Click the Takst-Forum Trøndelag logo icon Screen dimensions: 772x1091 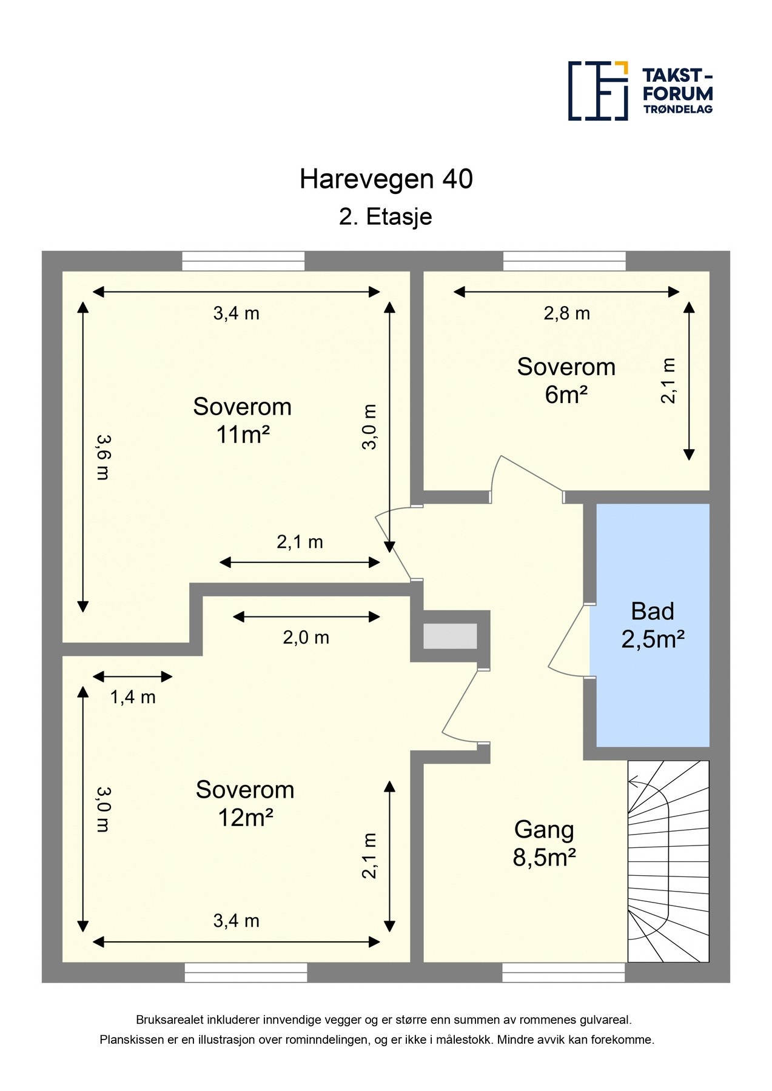coord(598,90)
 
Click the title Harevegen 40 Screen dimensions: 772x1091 coord(386,179)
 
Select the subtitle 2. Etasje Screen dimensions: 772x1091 coord(386,217)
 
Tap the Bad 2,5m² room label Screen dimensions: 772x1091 coord(653,625)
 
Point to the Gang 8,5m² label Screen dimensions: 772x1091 coord(544,844)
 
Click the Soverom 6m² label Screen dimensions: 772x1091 coord(566,381)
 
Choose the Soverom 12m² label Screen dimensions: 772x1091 coord(245,804)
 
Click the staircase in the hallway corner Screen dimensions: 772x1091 coord(668,861)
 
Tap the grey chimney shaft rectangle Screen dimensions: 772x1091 coord(450,636)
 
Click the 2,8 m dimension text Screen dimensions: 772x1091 coord(566,313)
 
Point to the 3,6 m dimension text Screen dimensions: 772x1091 coord(103,457)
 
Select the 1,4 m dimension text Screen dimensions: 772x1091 coord(133,697)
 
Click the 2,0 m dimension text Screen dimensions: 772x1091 coord(306,637)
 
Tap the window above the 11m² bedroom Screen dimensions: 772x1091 coord(244,261)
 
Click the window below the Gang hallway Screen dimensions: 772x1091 coord(564,972)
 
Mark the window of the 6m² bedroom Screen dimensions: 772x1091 coord(565,261)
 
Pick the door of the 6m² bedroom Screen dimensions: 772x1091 coord(526,476)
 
